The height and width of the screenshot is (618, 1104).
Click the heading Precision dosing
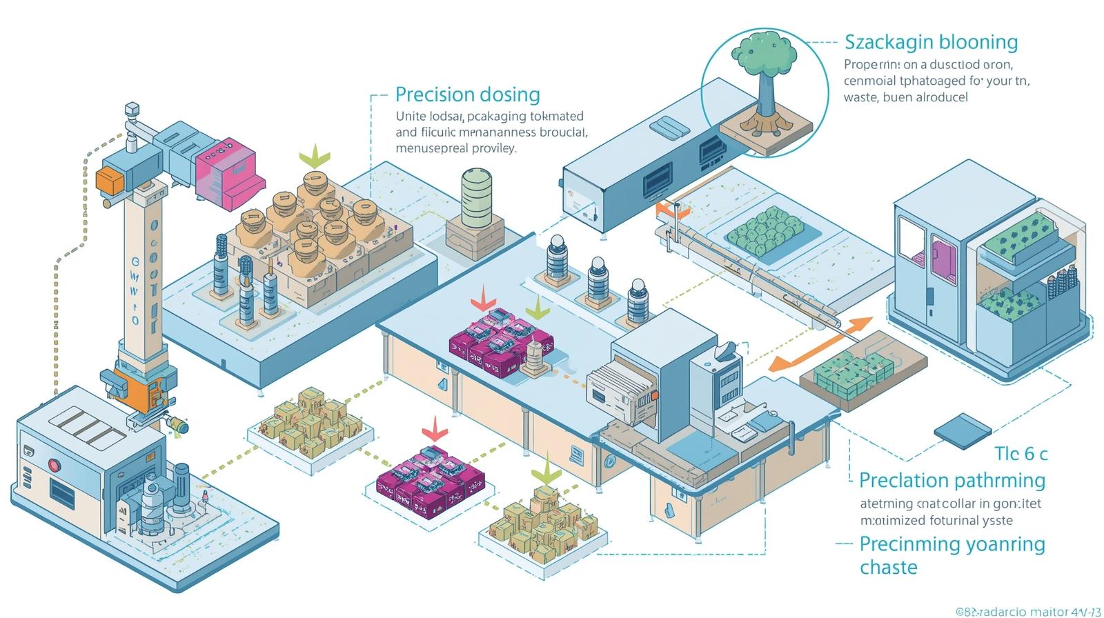[x=467, y=94]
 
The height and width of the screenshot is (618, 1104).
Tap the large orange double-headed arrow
[x=819, y=344]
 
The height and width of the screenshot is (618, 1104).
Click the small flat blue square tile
[x=960, y=427]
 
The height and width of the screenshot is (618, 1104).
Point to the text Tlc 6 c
[x=1021, y=453]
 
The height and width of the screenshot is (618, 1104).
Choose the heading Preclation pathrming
[x=952, y=479]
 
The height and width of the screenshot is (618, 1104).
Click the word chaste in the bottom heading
[x=889, y=567]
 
